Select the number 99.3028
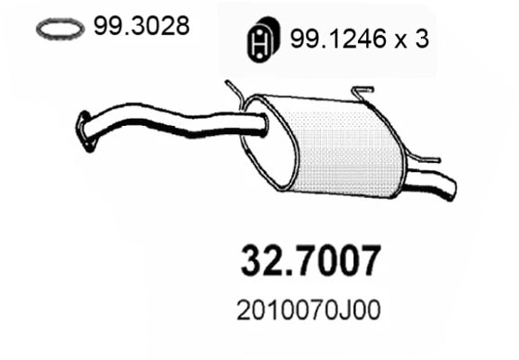(x=140, y=27)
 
